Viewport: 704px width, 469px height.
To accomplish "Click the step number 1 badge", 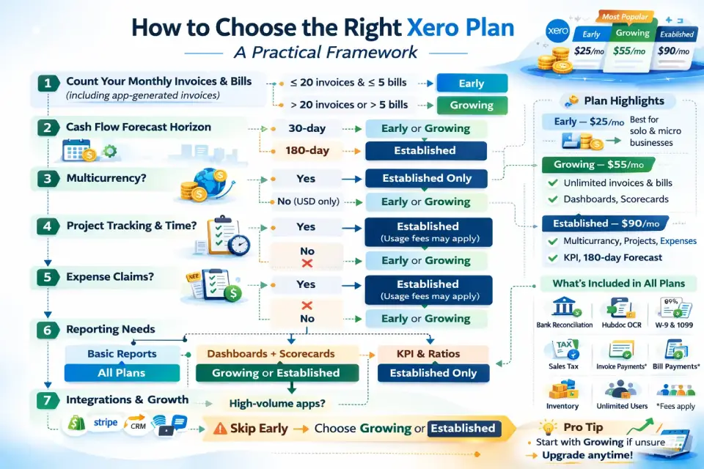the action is (x=48, y=83).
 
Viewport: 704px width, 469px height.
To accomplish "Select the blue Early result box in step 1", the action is (x=472, y=83).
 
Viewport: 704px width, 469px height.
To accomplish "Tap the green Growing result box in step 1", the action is (x=472, y=105).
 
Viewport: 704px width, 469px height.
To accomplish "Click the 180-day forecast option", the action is (x=307, y=150).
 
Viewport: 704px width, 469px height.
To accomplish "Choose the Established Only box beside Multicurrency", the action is (x=426, y=178).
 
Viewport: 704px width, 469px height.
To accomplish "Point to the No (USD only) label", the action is (x=308, y=201).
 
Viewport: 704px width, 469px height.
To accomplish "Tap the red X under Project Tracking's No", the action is (x=307, y=262).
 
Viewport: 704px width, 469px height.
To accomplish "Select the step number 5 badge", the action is (x=48, y=277).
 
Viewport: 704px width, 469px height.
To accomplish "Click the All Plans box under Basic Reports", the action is (x=122, y=373).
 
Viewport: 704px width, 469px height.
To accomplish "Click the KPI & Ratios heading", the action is (x=428, y=354).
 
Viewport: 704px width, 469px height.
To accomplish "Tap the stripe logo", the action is (x=106, y=422).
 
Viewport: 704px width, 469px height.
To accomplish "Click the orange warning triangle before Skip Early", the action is (x=220, y=429).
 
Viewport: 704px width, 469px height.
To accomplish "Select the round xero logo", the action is (x=557, y=31).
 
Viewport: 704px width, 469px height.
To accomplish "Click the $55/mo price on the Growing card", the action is (x=629, y=51).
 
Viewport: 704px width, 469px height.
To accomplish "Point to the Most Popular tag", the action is (x=625, y=17).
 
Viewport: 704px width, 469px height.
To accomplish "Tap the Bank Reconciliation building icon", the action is (x=565, y=307).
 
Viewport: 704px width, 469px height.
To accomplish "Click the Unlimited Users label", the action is (x=622, y=406).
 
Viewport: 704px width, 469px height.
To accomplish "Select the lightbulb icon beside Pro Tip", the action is (x=548, y=426).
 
